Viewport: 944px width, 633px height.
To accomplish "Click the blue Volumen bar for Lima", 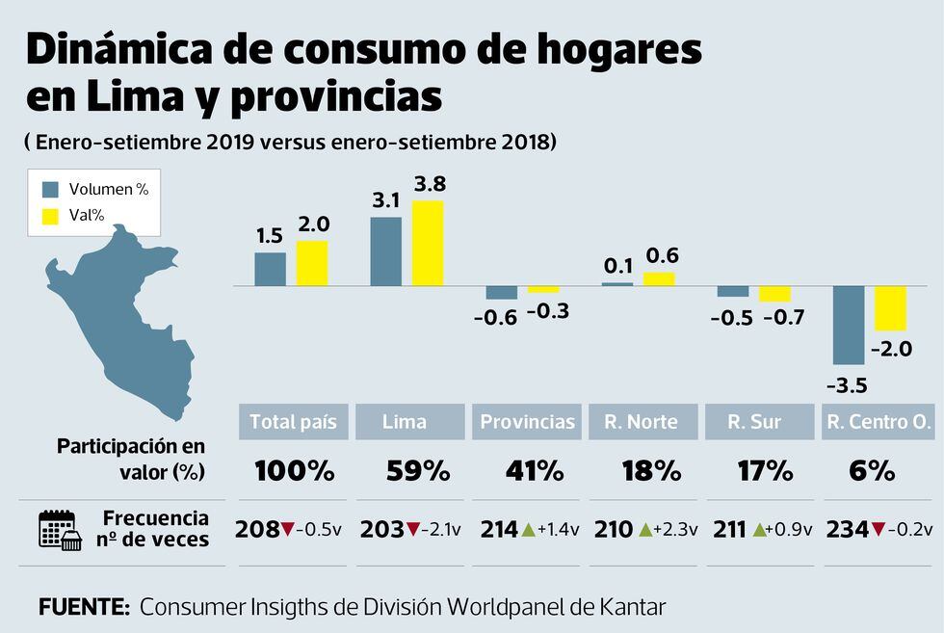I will point(386,251).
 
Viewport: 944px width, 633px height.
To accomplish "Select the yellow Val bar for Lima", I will point(428,243).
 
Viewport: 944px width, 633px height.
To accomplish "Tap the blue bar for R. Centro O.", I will point(849,325).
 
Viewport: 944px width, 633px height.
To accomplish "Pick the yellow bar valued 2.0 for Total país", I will point(312,263).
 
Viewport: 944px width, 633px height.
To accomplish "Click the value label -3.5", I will point(847,385).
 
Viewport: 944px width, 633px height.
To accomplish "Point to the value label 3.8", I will point(430,183).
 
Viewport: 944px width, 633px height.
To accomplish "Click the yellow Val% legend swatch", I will point(51,217).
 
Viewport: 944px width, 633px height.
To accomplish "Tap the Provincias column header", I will point(527,422).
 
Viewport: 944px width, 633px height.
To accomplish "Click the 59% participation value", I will point(417,471).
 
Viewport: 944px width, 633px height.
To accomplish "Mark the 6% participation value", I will point(873,471).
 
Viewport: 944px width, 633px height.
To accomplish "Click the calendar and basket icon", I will point(59,529).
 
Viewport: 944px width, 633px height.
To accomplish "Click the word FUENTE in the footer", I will point(84,607).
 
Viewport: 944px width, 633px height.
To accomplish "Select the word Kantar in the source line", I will point(630,607).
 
